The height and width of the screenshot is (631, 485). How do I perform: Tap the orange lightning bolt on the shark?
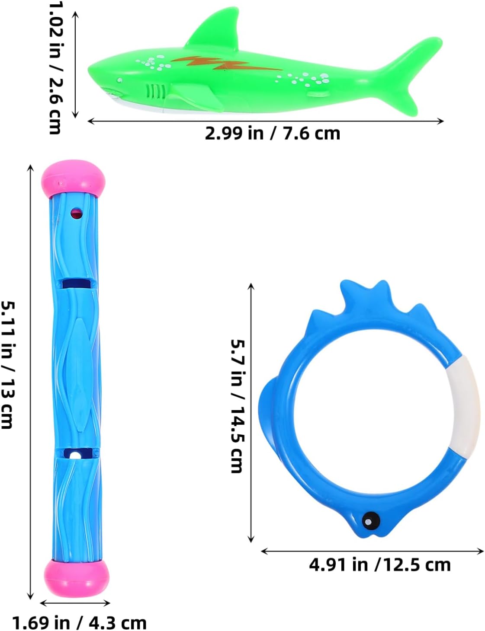coord(227,64)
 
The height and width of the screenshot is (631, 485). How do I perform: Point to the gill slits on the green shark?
coord(155,91)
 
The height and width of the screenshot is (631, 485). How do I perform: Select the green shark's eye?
coord(119,80)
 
